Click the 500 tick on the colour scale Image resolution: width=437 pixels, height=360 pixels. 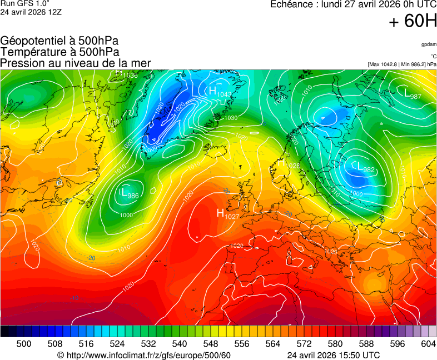coord(23,344)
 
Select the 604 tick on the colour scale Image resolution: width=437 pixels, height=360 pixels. coord(428,344)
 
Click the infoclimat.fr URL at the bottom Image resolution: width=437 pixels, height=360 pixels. coord(144,355)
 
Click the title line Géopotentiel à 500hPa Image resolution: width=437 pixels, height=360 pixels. coord(59,41)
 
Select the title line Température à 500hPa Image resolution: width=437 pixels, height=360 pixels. coord(59,52)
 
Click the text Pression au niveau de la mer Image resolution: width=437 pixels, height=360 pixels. coord(76,63)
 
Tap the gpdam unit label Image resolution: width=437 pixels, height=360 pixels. coord(428,44)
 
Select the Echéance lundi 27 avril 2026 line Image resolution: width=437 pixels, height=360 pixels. coord(353,4)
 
